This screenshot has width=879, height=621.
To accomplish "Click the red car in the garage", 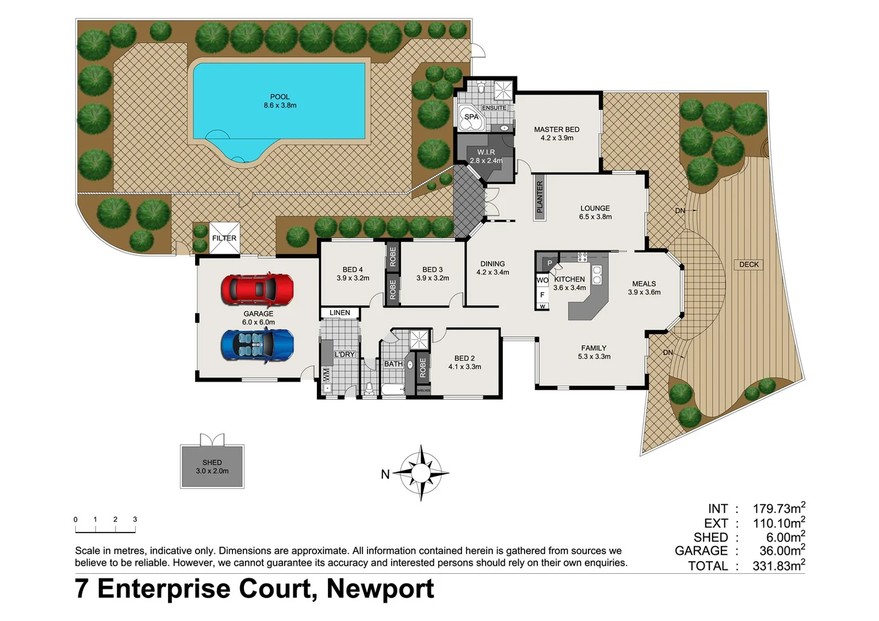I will click(257, 289).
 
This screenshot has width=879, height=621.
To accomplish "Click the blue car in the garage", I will click(257, 346).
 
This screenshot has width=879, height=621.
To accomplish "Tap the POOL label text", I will click(280, 97).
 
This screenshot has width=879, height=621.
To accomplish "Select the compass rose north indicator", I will click(421, 473).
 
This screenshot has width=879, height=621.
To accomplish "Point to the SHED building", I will click(212, 466).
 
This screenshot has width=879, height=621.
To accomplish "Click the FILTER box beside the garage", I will click(224, 238).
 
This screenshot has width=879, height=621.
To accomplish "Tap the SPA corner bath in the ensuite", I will click(471, 117).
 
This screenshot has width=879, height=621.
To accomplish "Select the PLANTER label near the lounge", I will click(540, 197).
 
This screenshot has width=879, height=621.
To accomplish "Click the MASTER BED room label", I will click(556, 129).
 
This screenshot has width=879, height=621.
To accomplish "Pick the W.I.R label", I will click(486, 152).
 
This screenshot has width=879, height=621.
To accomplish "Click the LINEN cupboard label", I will click(339, 313).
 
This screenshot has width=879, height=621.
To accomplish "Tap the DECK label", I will click(748, 264).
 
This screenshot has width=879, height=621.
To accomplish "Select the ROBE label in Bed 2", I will click(423, 368).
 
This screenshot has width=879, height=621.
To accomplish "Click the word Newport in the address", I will click(380, 589).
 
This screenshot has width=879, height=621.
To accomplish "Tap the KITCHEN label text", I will click(570, 279).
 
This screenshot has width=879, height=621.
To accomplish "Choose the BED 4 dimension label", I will click(353, 278).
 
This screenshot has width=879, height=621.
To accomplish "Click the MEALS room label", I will click(644, 283).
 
